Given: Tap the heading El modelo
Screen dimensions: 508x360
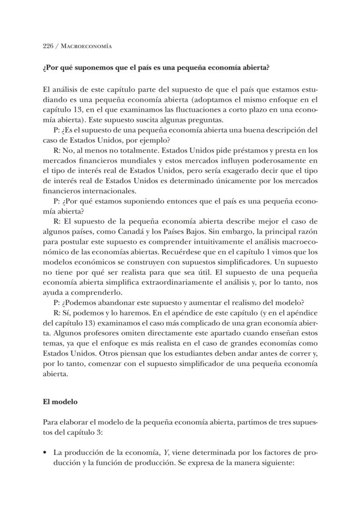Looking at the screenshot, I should tap(60, 402).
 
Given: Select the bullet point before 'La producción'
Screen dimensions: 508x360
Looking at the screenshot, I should tap(45, 452).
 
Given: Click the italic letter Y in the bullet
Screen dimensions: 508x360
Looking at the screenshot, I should tap(166, 452).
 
